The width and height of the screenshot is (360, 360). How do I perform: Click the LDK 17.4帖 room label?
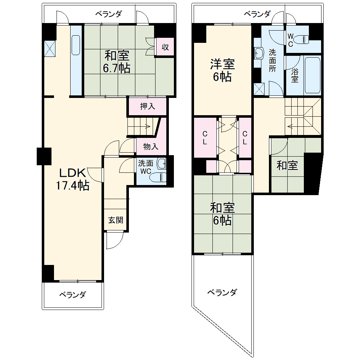tap(72, 179)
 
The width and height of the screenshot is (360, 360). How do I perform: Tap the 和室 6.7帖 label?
tap(117, 62)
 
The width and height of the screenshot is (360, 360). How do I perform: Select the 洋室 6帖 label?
tap(222, 71)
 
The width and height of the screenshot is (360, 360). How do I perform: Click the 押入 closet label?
tap(147, 106)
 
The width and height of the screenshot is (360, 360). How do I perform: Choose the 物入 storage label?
tap(151, 147)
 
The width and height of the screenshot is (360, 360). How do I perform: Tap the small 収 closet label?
tap(165, 47)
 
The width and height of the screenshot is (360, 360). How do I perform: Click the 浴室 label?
tap(295, 76)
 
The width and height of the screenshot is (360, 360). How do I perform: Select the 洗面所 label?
tap(273, 60)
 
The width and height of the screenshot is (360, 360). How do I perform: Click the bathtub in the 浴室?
tap(312, 75)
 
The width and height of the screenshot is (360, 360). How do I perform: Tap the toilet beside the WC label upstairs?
tap(305, 38)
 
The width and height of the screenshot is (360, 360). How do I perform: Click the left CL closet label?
tap(204, 137)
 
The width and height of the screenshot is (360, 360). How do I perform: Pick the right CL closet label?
tap(245, 137)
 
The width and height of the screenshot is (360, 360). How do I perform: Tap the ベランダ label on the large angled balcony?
tap(222, 292)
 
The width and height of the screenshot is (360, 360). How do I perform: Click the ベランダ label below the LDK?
tap(73, 295)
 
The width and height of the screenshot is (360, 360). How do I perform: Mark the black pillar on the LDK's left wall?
tap(44, 156)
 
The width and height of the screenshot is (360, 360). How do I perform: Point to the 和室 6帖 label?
tap(222, 214)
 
